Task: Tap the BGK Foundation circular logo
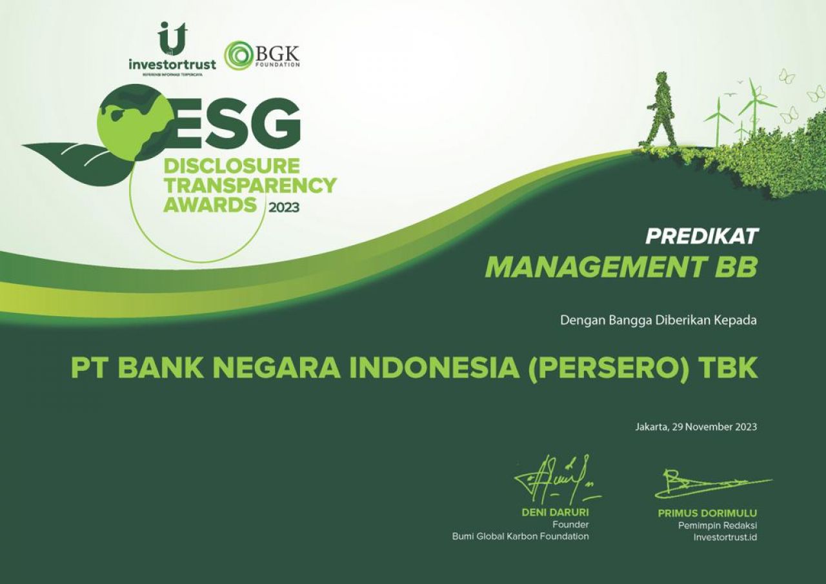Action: pyautogui.click(x=238, y=55)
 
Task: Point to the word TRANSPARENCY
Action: pyautogui.click(x=250, y=186)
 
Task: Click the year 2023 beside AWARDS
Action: pyautogui.click(x=284, y=208)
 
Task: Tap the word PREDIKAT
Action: pyautogui.click(x=701, y=236)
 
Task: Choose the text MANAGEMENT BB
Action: pyautogui.click(x=620, y=267)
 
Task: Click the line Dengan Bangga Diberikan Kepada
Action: pyautogui.click(x=658, y=319)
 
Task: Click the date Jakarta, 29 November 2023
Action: pyautogui.click(x=696, y=427)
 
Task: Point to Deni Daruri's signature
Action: pyautogui.click(x=555, y=481)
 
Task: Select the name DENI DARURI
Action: pyautogui.click(x=555, y=513)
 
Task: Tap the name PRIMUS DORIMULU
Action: pyautogui.click(x=707, y=514)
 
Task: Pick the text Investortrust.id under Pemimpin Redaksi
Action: pyautogui.click(x=724, y=537)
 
